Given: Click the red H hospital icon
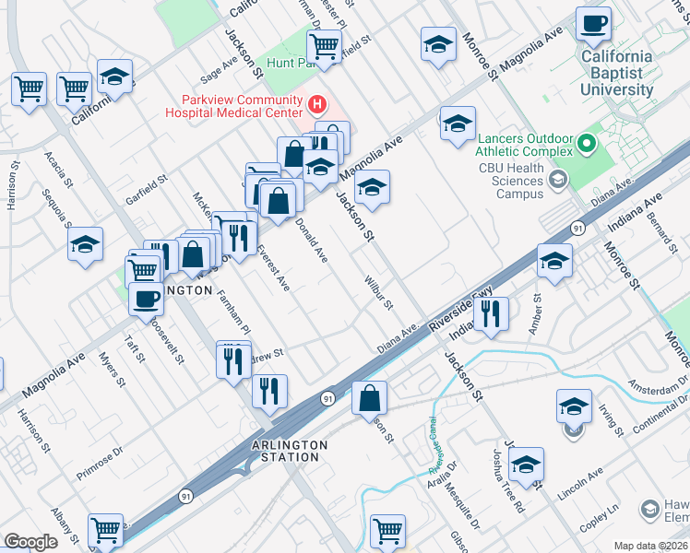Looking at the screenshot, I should point(318,103).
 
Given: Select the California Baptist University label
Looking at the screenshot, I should point(616,73).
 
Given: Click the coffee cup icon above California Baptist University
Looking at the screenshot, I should point(593,23).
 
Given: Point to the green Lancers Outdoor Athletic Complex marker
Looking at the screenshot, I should point(585,143).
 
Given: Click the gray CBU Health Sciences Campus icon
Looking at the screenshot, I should point(557,181).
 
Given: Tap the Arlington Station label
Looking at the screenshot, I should point(289,451).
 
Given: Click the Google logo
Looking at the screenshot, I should point(30,542).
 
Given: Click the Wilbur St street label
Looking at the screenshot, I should point(378,291).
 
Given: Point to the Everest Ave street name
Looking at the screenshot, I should point(274,268).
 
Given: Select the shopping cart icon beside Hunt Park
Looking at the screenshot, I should point(324,45).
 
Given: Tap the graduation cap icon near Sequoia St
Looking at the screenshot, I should point(86,245).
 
